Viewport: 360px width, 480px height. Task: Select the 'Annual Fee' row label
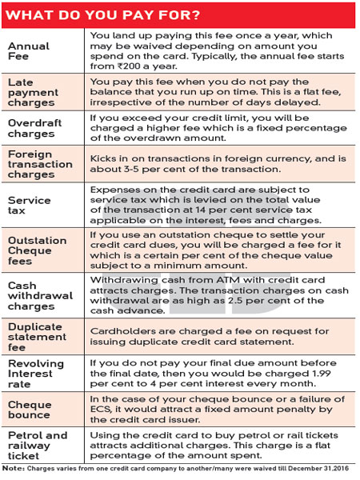pyautogui.click(x=28, y=52)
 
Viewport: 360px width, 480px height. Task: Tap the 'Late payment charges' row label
pyautogui.click(x=33, y=93)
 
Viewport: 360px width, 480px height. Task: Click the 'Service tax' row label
pyautogui.click(x=30, y=204)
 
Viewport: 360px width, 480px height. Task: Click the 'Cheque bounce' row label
pyautogui.click(x=30, y=409)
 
